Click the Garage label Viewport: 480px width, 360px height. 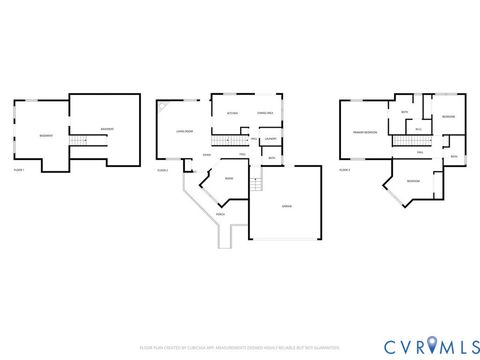(286, 207)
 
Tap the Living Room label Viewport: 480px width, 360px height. (184, 131)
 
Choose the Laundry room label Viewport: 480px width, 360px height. (270, 139)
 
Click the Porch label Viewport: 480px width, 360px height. (220, 214)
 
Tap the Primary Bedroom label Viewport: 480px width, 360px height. (364, 132)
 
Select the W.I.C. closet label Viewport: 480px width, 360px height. (418, 128)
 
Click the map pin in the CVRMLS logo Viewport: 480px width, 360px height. (432, 346)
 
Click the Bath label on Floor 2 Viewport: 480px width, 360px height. (271, 158)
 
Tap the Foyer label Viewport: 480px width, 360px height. (206, 155)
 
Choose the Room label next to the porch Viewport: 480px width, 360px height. (229, 179)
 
